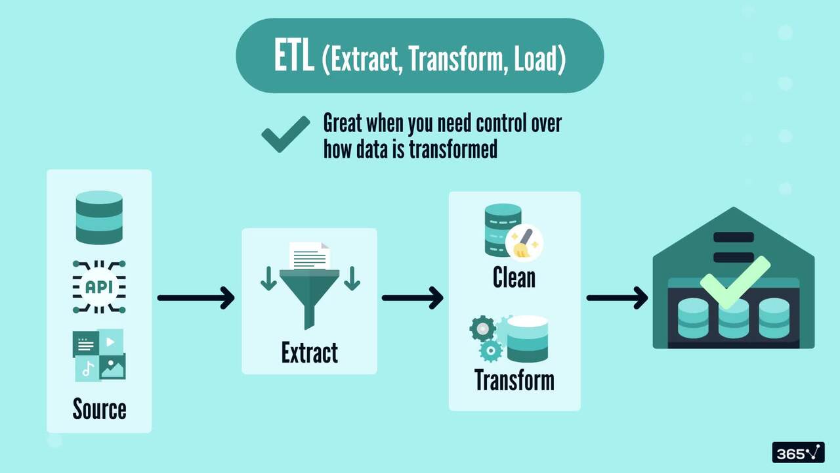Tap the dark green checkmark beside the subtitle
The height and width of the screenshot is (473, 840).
[x=285, y=133]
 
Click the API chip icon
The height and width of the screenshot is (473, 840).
[x=99, y=287]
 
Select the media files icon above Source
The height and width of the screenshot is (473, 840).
[x=99, y=355]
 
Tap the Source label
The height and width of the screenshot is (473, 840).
[x=99, y=409]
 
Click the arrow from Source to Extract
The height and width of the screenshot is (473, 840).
[x=196, y=298]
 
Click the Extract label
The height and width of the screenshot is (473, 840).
[x=309, y=353]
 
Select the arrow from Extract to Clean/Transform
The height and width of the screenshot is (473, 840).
[x=412, y=298]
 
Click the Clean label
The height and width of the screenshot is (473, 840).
[x=514, y=277]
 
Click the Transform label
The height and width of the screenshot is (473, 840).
[x=514, y=380]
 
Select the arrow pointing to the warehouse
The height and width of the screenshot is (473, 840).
[x=617, y=298]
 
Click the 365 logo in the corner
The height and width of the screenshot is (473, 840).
[x=797, y=453]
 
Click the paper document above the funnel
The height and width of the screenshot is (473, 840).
[x=309, y=256]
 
